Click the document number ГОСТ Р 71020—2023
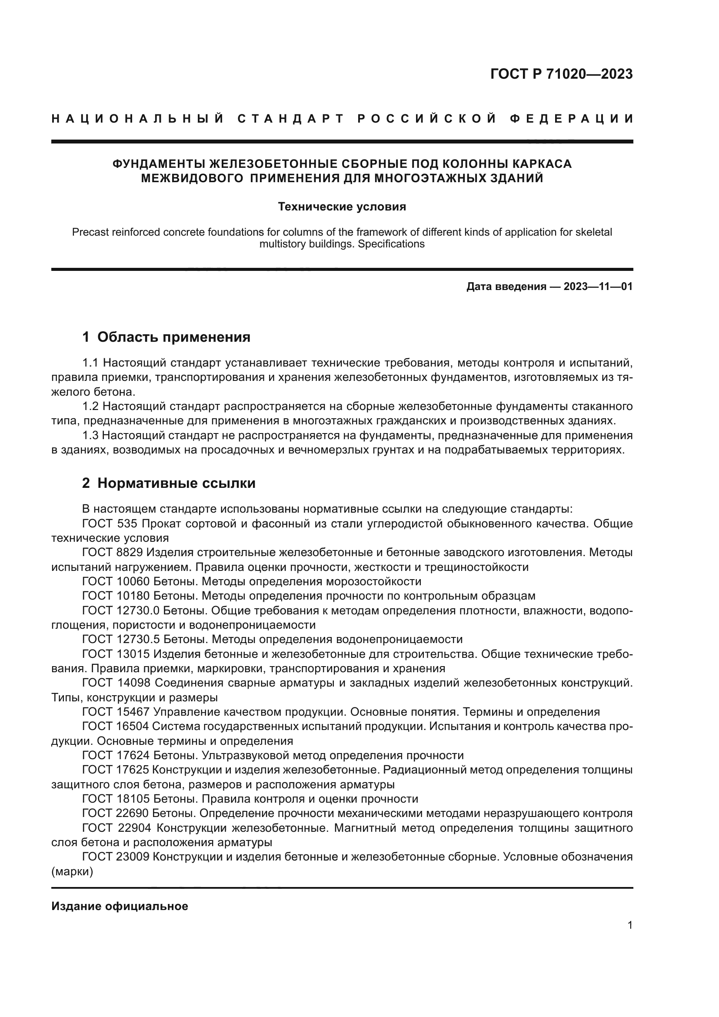[x=561, y=74]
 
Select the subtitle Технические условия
[x=342, y=207]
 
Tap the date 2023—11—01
[x=598, y=287]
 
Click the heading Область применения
[x=173, y=337]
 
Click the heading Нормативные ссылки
[x=176, y=483]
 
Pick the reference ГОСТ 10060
[x=116, y=581]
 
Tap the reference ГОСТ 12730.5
[x=121, y=639]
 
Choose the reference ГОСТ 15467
[x=116, y=712]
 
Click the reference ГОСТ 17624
[x=116, y=755]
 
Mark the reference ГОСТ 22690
[x=116, y=813]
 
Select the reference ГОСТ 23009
[x=116, y=857]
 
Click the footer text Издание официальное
[x=120, y=906]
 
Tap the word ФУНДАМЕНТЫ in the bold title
[x=159, y=164]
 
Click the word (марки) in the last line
[x=72, y=872]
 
